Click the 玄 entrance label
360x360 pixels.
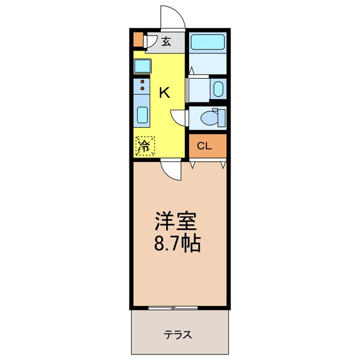coord(166,41)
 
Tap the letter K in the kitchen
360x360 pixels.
coord(164,93)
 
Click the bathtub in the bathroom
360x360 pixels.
coord(207,43)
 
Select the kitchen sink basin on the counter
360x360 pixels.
coord(143,116)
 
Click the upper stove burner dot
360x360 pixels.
coord(142,82)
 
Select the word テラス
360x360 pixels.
coord(178,335)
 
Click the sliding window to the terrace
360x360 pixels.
coord(173,308)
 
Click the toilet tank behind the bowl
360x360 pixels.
coord(222,118)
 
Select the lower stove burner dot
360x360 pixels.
coord(142,89)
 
